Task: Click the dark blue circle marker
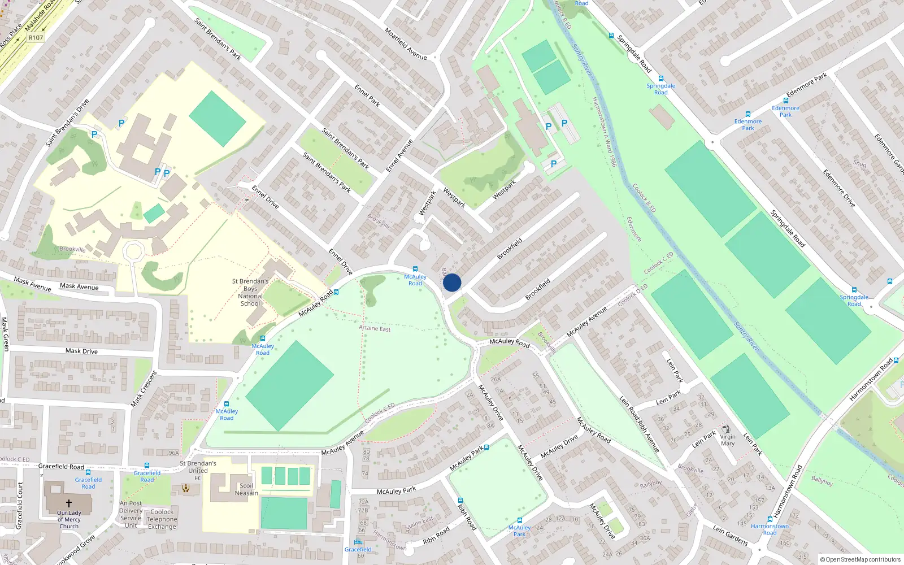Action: tap(452, 282)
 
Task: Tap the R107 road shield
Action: tap(36, 38)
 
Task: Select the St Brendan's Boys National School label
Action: tap(250, 292)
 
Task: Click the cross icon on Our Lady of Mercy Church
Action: tap(69, 503)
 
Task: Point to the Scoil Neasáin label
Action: tap(246, 489)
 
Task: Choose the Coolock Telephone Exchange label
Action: tap(162, 519)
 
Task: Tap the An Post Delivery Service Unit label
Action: tap(131, 514)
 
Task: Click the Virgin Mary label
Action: tap(728, 440)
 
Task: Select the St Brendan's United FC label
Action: tap(198, 471)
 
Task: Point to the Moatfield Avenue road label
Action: tap(406, 44)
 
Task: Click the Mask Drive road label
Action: tap(81, 351)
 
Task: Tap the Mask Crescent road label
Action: tap(144, 389)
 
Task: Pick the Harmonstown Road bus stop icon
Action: tap(770, 519)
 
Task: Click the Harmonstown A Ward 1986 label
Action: tap(604, 132)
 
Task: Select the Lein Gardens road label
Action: tap(730, 534)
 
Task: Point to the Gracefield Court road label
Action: tap(20, 506)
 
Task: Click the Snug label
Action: tap(860, 164)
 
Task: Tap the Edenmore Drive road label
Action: tap(839, 188)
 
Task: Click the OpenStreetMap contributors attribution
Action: tap(860, 559)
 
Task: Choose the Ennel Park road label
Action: tap(367, 95)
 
